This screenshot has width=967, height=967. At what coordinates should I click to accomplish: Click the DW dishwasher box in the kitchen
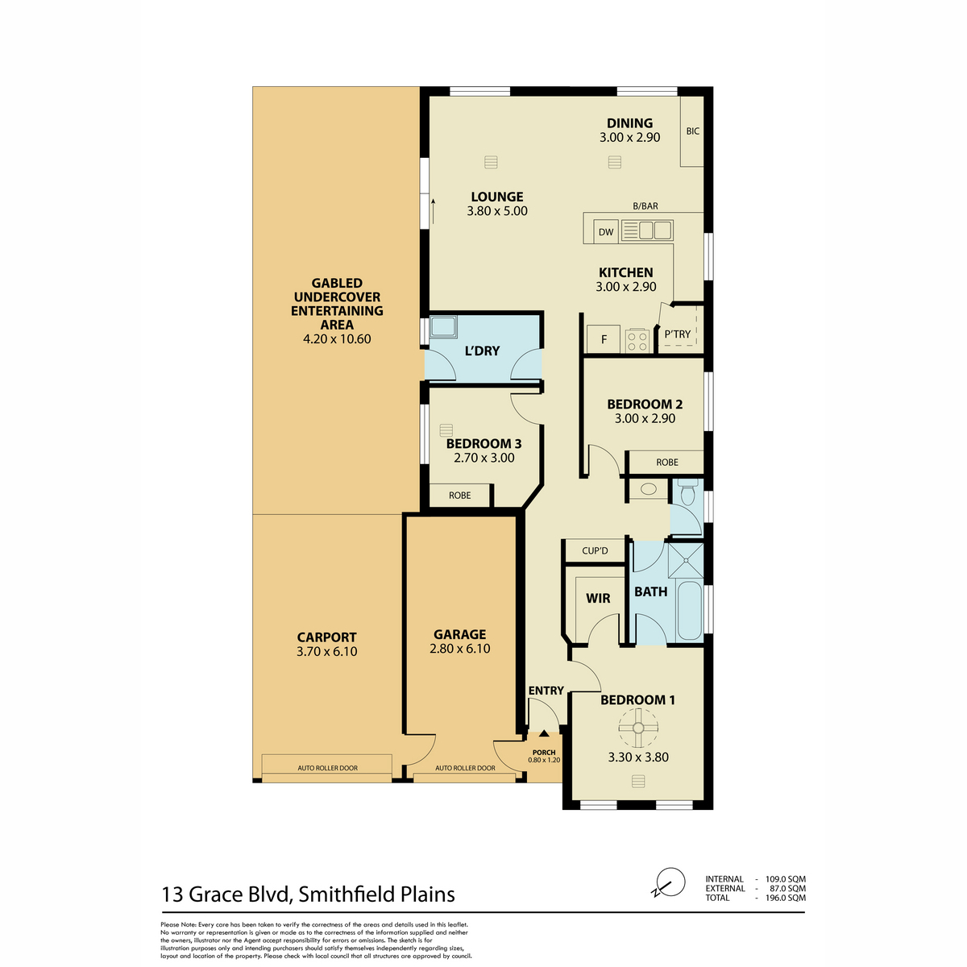(x=606, y=232)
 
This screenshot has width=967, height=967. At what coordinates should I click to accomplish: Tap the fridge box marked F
(x=604, y=340)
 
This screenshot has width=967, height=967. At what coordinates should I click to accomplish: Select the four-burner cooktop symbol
(x=637, y=341)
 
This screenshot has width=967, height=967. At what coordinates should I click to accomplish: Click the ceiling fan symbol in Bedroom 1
(x=638, y=728)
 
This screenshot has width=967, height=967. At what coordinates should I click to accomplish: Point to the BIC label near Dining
(x=692, y=131)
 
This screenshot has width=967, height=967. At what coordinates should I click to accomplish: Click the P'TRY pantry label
(x=678, y=334)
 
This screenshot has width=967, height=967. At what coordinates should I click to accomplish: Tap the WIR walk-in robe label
(x=598, y=598)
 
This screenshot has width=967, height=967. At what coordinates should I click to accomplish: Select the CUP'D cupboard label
(x=595, y=551)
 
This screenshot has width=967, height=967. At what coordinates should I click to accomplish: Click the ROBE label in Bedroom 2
(x=667, y=463)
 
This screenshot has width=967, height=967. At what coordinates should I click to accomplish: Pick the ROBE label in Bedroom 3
(x=459, y=496)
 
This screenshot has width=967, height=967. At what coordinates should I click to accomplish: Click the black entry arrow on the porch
(x=544, y=733)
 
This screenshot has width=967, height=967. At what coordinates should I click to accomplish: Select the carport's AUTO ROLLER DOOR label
(x=328, y=768)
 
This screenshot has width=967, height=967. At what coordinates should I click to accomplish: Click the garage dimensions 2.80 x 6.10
(x=459, y=649)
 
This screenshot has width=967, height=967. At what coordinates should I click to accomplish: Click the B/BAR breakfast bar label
(x=645, y=205)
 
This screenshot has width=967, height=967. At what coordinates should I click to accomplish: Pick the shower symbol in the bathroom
(x=686, y=559)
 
